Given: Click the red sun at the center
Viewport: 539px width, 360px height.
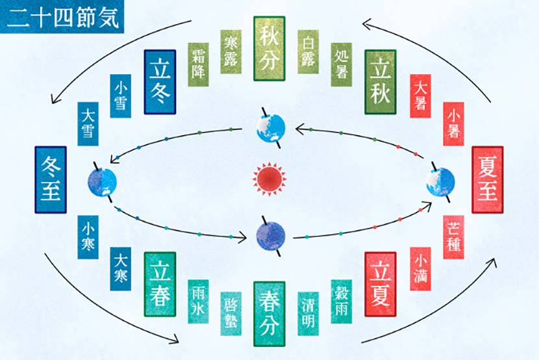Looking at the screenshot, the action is click(x=269, y=179).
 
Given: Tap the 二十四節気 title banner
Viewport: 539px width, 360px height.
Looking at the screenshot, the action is click(x=62, y=16).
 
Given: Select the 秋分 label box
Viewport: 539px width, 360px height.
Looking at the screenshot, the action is click(x=269, y=49).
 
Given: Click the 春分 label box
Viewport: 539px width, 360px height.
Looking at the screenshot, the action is click(x=269, y=314).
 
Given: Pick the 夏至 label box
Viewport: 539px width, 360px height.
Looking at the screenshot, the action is click(x=488, y=179).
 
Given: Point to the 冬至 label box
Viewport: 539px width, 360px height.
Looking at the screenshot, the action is click(x=51, y=179).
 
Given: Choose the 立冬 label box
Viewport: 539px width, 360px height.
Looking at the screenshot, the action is click(x=160, y=82).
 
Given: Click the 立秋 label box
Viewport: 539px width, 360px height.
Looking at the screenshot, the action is click(x=380, y=82).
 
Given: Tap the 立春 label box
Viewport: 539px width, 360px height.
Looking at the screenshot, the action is click(x=160, y=284).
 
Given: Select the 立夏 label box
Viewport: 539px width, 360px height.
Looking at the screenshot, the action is click(x=380, y=284).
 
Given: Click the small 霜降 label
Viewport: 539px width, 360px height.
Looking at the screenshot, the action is click(x=198, y=64).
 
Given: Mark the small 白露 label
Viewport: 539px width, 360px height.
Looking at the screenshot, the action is click(x=308, y=51).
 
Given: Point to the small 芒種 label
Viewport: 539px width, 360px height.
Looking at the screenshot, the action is click(x=453, y=237).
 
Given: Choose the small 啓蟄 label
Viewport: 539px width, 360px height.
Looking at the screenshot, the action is click(x=231, y=314).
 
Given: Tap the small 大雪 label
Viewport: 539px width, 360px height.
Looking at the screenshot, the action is click(x=88, y=123).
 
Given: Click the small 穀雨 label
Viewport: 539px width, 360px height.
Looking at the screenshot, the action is click(x=342, y=302).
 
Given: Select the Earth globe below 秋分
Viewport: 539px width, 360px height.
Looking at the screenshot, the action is click(x=271, y=128).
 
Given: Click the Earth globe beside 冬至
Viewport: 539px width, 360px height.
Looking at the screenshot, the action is click(x=103, y=182).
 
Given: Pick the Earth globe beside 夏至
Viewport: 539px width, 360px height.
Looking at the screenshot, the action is click(x=440, y=181).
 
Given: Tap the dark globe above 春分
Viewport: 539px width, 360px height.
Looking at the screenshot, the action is click(x=271, y=236).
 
